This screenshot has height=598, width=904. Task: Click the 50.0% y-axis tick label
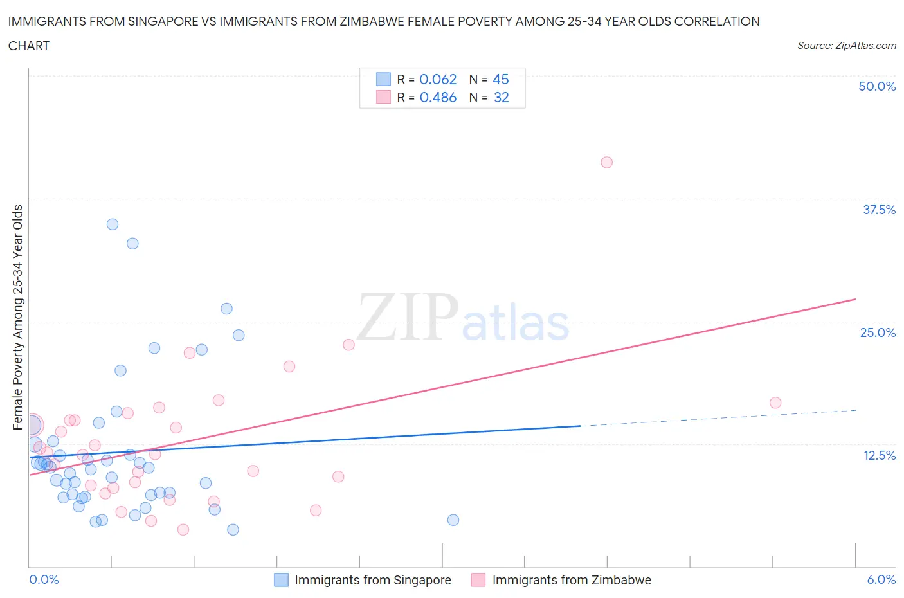pyautogui.click(x=877, y=86)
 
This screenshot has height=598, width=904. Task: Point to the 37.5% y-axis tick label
pyautogui.click(x=879, y=210)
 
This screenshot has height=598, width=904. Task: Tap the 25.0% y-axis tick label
pyautogui.click(x=878, y=332)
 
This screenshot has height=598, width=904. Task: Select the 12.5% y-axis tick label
pyautogui.click(x=879, y=455)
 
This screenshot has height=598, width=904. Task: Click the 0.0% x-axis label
pyautogui.click(x=44, y=579)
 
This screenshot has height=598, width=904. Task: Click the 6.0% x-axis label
pyautogui.click(x=881, y=579)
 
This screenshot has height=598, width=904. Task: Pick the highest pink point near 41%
pyautogui.click(x=606, y=162)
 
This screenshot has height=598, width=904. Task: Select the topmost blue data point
pyautogui.click(x=113, y=224)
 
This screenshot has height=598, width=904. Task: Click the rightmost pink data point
pyautogui.click(x=775, y=403)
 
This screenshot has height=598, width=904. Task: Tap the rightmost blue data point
pyautogui.click(x=453, y=520)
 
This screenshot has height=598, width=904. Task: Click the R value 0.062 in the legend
pyautogui.click(x=438, y=79)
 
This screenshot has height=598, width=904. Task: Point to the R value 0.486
pyautogui.click(x=438, y=97)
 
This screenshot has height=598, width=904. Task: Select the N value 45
pyautogui.click(x=500, y=79)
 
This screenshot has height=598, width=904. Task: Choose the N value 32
pyautogui.click(x=501, y=97)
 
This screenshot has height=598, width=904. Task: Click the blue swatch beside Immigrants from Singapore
pyautogui.click(x=281, y=580)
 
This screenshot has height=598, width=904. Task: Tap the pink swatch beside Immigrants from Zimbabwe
pyautogui.click(x=478, y=580)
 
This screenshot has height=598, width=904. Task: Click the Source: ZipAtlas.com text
pyautogui.click(x=846, y=46)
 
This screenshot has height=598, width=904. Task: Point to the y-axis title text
pyautogui.click(x=17, y=317)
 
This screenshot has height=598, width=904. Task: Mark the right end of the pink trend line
pyautogui.click(x=856, y=299)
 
